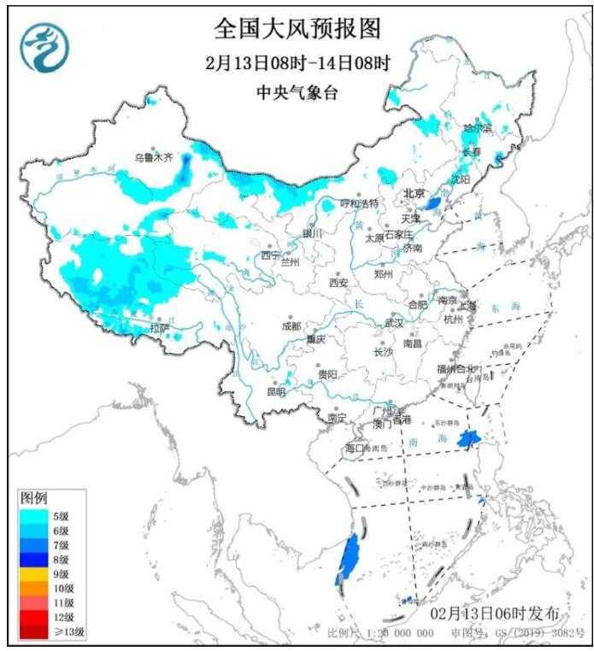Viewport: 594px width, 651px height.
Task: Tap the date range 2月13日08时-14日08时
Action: pyautogui.click(x=297, y=63)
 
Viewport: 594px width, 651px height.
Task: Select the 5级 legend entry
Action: pyautogui.click(x=60, y=516)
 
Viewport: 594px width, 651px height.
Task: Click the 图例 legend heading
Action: pyautogui.click(x=34, y=497)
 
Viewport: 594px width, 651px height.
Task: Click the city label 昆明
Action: pyautogui.click(x=276, y=391)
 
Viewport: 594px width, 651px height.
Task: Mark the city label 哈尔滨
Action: pyautogui.click(x=478, y=128)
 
